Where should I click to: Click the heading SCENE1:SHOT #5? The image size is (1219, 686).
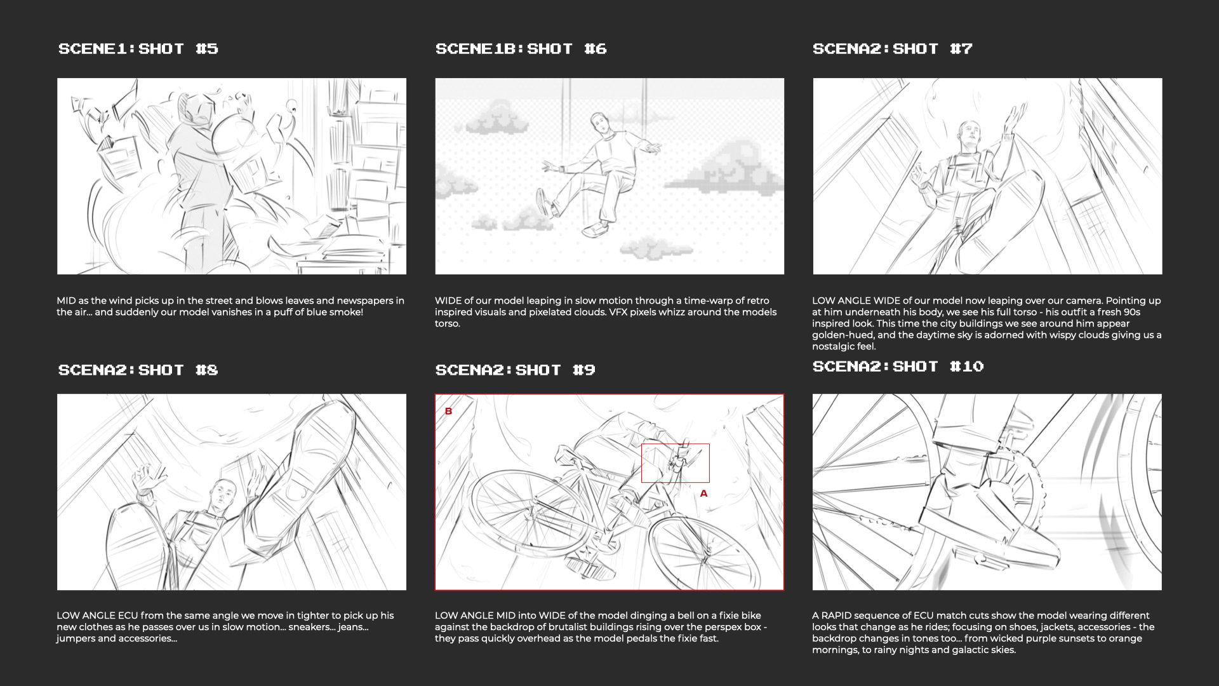tap(138, 49)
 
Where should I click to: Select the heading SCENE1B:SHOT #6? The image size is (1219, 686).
tap(521, 49)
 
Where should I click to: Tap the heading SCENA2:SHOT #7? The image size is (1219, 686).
tap(893, 49)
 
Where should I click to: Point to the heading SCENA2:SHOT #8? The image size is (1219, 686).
tap(138, 370)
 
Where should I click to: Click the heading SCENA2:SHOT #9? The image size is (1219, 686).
tap(516, 370)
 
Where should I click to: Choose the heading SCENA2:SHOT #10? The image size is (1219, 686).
tap(898, 367)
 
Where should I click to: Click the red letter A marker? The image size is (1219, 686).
tap(703, 494)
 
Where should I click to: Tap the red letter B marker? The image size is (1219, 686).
tap(448, 412)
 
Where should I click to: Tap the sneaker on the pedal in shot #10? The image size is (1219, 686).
tap(1003, 508)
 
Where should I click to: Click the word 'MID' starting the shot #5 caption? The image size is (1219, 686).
tap(67, 301)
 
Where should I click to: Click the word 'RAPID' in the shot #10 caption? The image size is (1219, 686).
tap(839, 615)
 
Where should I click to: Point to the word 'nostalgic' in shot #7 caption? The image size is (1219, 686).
tap(834, 347)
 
